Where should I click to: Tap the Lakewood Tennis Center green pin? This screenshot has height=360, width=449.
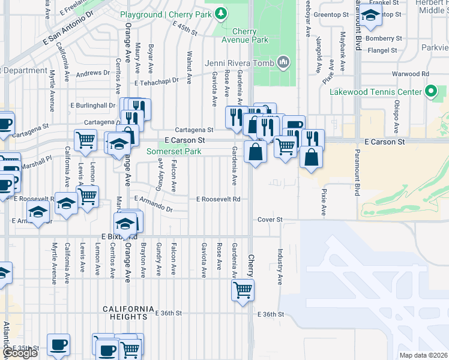tap(430, 92)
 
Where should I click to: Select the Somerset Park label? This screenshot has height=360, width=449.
tap(174, 151)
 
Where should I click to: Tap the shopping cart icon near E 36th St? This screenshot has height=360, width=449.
tap(243, 290)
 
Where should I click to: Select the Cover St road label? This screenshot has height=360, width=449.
tap(270, 220)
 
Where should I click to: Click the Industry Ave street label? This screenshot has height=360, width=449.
tap(280, 267)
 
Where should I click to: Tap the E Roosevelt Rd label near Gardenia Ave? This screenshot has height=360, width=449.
tap(218, 199)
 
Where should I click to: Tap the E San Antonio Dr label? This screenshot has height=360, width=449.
tap(69, 30)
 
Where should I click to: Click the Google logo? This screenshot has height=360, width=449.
tap(20, 353)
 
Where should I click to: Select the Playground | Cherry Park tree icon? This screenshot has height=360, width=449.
tap(221, 13)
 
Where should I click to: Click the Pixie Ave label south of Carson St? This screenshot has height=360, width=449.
tap(324, 203)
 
